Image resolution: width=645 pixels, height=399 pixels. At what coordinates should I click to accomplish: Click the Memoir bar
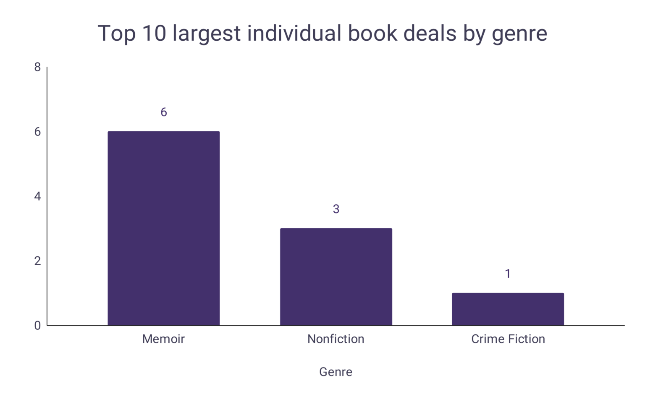pyautogui.click(x=163, y=228)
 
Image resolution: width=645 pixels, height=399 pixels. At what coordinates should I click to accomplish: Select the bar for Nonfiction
pyautogui.click(x=336, y=277)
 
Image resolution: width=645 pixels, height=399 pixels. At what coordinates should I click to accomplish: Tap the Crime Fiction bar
pyautogui.click(x=508, y=309)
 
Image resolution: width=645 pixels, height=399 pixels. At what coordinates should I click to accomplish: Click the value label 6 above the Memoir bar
pyautogui.click(x=164, y=112)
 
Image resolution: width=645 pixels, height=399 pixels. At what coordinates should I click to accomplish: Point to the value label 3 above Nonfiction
pyautogui.click(x=336, y=209)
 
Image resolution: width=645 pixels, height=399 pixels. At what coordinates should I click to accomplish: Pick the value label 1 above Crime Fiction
pyautogui.click(x=508, y=274)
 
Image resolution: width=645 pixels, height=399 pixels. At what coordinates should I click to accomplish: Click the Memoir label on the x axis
pyautogui.click(x=163, y=339)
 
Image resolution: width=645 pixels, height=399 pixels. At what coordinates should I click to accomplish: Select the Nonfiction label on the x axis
pyautogui.click(x=336, y=339)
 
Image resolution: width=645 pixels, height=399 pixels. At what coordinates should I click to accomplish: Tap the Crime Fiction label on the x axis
pyautogui.click(x=508, y=339)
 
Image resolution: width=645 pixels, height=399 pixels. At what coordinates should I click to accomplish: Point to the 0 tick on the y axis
pyautogui.click(x=38, y=326)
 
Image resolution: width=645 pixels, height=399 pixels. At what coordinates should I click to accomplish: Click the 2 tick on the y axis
pyautogui.click(x=38, y=261)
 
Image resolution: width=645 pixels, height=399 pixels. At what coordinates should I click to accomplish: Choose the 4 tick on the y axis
pyautogui.click(x=38, y=196)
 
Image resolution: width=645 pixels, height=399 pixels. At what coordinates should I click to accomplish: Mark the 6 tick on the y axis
pyautogui.click(x=38, y=132)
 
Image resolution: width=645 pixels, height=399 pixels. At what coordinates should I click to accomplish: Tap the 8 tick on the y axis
pyautogui.click(x=38, y=67)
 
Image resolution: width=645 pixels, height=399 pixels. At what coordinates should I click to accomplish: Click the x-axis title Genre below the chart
pyautogui.click(x=336, y=372)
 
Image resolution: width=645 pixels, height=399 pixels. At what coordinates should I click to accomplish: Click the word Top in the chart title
pyautogui.click(x=116, y=33)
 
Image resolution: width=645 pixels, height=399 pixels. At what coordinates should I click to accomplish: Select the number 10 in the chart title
pyautogui.click(x=154, y=33)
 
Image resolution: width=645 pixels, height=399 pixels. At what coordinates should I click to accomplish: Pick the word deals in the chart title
pyautogui.click(x=430, y=33)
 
